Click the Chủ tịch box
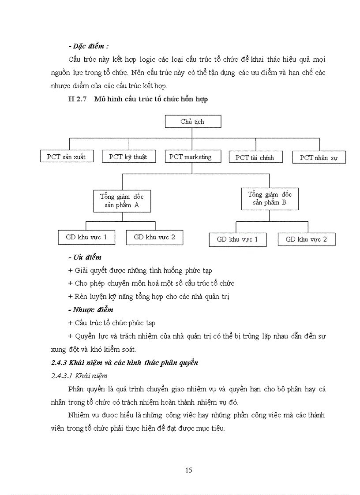[193, 122]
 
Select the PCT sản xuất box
[66, 156]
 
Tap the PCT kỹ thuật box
[128, 156]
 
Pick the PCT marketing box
[191, 157]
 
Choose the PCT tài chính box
[255, 157]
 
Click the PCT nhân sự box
[319, 157]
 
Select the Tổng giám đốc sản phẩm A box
[122, 201]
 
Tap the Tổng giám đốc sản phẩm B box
[270, 198]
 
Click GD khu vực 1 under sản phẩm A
[86, 237]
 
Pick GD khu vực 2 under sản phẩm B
[306, 239]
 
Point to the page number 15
[188, 470]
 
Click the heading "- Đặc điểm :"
[89, 46]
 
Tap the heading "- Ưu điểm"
[85, 257]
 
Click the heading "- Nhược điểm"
[91, 310]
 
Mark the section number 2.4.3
[59, 363]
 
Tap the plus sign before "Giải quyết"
[71, 271]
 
